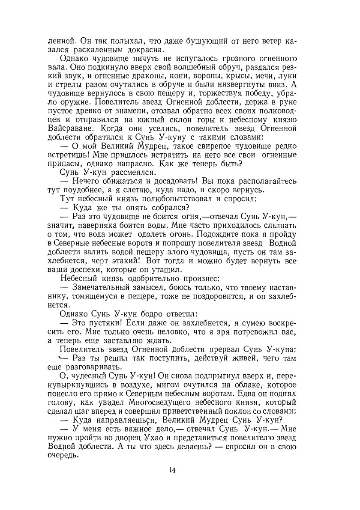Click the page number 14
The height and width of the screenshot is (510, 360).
(x=172, y=470)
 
